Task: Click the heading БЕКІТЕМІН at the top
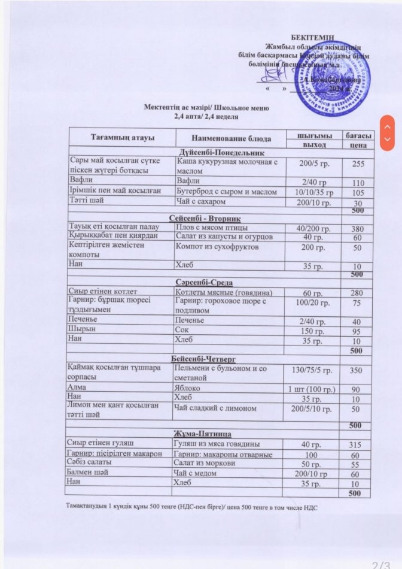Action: (x=313, y=38)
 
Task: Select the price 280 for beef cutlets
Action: (x=357, y=292)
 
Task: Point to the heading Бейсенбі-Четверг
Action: (x=205, y=358)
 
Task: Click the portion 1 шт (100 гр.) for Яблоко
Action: (x=312, y=389)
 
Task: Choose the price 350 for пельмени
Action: (x=357, y=371)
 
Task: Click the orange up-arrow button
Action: (x=388, y=127)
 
